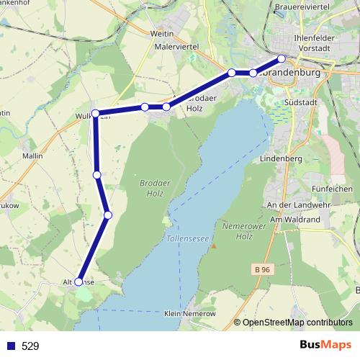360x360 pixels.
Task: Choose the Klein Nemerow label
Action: (x=189, y=315)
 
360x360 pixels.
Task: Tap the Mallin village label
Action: (x=32, y=155)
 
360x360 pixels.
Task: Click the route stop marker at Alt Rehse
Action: (x=78, y=282)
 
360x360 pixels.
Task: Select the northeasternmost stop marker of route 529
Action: (x=282, y=58)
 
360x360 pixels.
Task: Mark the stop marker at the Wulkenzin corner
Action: (x=95, y=114)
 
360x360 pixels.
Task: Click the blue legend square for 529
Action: (x=9, y=346)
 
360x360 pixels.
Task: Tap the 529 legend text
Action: (x=30, y=346)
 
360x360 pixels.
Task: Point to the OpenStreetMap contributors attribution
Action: (x=297, y=323)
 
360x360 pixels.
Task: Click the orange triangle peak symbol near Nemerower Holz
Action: (x=213, y=246)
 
